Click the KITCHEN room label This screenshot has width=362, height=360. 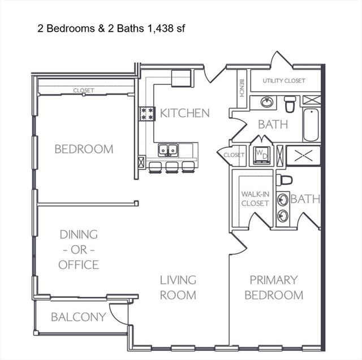(x=185, y=113)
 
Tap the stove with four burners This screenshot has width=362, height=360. (x=147, y=114)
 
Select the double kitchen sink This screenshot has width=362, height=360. (x=168, y=150)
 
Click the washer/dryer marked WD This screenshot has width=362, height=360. (x=261, y=155)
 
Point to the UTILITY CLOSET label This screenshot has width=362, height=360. (x=284, y=80)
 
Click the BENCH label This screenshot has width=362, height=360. (x=242, y=88)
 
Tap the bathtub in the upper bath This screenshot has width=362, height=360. (x=311, y=125)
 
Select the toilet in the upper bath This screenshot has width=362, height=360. (x=290, y=104)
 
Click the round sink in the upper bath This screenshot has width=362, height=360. (x=266, y=102)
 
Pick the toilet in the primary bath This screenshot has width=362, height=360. (x=284, y=180)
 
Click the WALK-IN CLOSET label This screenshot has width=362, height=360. (x=255, y=199)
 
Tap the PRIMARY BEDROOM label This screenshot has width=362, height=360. (x=274, y=288)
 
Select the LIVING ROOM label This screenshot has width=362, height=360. (x=178, y=288)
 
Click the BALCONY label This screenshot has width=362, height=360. (x=79, y=317)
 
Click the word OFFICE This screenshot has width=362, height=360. (x=79, y=265)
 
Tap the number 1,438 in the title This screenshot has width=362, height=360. (x=160, y=28)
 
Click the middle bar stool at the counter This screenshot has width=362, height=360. (x=172, y=167)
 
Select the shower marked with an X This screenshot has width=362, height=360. (x=303, y=155)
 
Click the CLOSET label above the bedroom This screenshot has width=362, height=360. (x=84, y=91)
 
